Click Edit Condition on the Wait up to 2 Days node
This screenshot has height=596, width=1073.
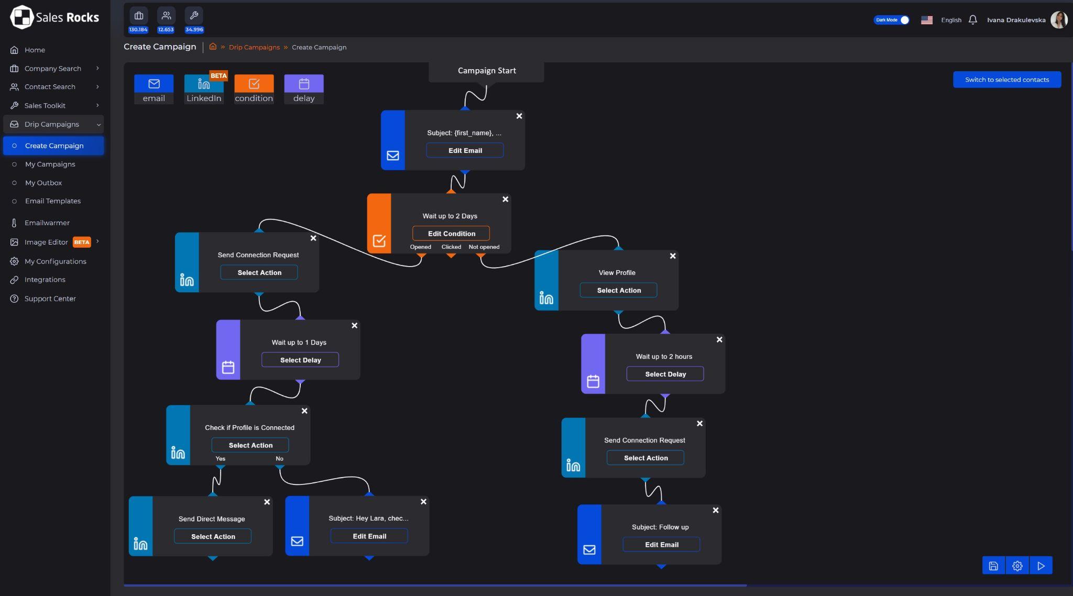coord(451,234)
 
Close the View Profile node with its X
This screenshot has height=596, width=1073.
coord(673,256)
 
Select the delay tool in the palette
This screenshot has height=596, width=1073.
coord(304,89)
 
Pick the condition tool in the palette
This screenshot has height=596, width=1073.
coord(254,89)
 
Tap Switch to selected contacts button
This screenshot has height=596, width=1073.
coord(1007,80)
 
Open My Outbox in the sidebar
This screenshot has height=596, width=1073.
coord(43,183)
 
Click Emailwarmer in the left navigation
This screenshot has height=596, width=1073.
coord(47,223)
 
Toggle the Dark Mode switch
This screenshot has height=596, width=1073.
coord(891,20)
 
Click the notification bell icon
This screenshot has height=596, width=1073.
coord(973,20)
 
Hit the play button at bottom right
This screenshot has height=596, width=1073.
coord(1041,566)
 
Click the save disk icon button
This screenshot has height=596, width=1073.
coord(993,566)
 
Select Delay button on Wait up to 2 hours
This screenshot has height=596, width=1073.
coord(665,374)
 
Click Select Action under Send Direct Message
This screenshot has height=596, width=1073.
coord(213,536)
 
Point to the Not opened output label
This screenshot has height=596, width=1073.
coord(484,247)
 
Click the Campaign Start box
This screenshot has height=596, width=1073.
coord(486,71)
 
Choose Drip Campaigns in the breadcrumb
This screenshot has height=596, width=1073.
coord(254,47)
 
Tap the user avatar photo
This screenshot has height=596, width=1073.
coord(1059,20)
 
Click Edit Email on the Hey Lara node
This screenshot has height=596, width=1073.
coord(369,536)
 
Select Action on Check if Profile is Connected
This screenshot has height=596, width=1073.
coord(250,445)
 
